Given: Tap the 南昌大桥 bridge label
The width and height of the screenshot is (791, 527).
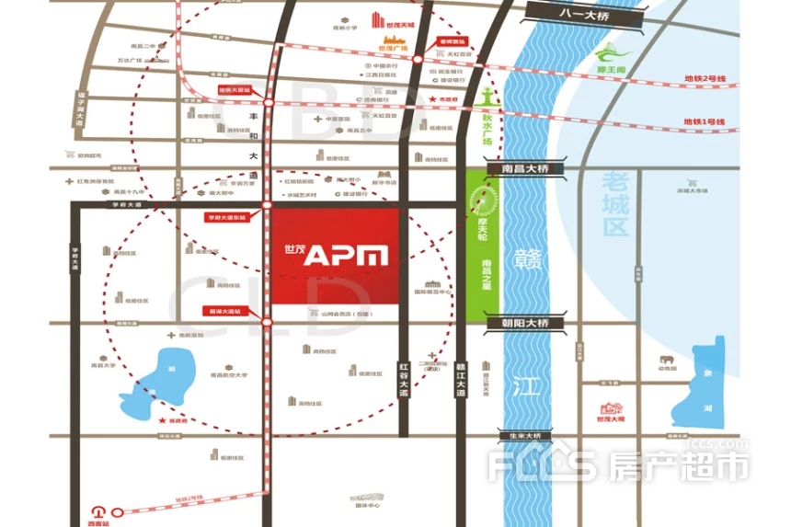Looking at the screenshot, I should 520,169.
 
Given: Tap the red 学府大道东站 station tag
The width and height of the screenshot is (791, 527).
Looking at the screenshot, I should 226,217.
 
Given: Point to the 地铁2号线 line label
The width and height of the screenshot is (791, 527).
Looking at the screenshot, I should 705,80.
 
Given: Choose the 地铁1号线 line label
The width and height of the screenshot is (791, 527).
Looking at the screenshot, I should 705,121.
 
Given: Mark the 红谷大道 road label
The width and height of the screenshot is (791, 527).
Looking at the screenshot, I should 403,379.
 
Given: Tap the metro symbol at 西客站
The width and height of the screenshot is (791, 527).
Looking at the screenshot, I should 97,509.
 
